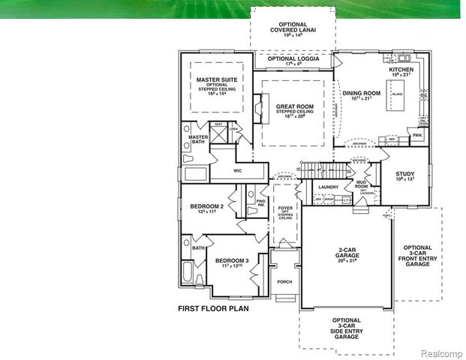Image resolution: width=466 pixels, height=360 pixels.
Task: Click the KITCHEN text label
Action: click(401, 70)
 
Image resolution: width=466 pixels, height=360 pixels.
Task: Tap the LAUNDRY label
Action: click(329, 187)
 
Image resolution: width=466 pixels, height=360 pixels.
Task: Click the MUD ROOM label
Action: click(361, 184)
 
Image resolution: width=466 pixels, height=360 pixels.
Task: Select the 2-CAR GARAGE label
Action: click(346, 253)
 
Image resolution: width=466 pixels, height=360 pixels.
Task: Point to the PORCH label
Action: click(284, 282)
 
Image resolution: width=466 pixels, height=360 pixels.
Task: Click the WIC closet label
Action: click(237, 171)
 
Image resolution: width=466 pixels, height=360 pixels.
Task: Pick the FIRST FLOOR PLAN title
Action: click(212, 308)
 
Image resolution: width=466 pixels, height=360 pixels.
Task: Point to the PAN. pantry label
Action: click(416, 136)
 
